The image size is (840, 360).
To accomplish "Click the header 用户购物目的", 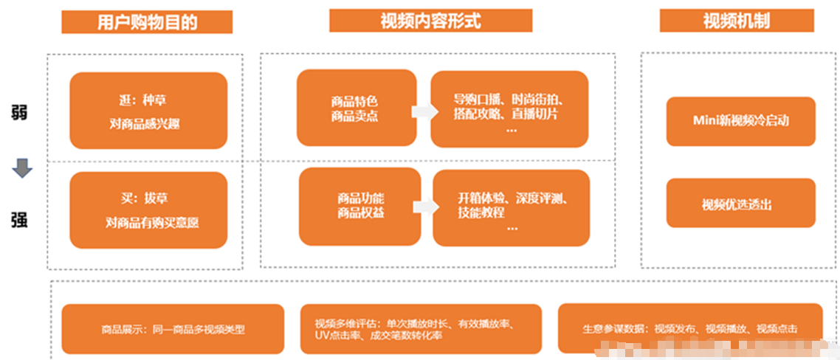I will tap(147, 22).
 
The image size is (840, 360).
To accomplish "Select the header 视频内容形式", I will tap(430, 21).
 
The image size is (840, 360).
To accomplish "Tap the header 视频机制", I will tap(737, 21).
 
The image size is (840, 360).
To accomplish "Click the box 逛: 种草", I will tap(148, 111).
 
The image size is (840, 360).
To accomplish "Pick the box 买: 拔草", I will tap(148, 210).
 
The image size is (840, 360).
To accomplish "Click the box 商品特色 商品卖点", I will tap(356, 108).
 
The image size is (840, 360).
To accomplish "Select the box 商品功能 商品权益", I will tap(359, 206).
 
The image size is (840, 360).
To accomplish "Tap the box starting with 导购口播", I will tap(509, 108).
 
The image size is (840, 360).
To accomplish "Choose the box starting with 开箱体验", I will tap(511, 207).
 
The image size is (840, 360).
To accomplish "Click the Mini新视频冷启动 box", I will tap(740, 121).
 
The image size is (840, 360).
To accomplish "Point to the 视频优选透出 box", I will tap(740, 204).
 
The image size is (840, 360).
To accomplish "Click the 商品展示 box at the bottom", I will tap(173, 329).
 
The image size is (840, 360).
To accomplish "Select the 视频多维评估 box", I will tap(421, 329).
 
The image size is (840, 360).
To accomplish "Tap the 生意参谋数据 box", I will tap(689, 328).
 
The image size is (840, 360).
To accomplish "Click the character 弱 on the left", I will tap(20, 114).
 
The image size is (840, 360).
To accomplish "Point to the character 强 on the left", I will tap(20, 219).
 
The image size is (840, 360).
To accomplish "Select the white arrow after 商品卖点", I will tap(422, 111).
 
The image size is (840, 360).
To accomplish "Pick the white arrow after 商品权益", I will tap(424, 207).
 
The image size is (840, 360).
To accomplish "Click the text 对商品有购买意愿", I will tap(152, 222).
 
